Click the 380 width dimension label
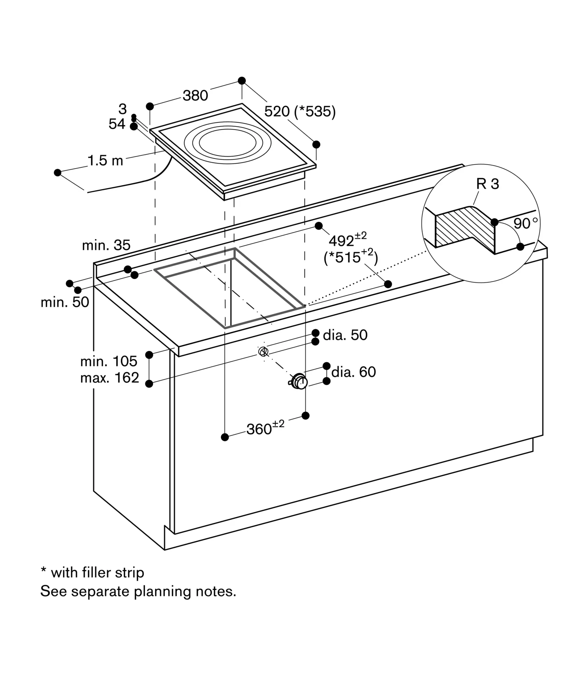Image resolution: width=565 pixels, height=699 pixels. coord(195,95)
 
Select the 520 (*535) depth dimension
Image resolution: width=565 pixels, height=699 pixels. coord(300,111)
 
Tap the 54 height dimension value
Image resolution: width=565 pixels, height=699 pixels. coord(117,124)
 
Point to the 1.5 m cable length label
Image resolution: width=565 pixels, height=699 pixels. coord(105,161)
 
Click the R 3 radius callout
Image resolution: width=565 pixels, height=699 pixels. coord(488,184)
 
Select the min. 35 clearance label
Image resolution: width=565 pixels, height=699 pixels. coord(106,245)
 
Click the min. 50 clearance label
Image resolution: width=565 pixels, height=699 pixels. coord(65,302)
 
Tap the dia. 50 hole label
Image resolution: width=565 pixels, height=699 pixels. coord(345,335)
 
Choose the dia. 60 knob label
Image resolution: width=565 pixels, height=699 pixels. coord(353,372)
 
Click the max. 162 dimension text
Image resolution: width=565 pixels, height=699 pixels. coord(110,378)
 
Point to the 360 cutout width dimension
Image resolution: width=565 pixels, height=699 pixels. coord(265,428)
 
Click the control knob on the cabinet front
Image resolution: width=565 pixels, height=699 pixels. coord(299,381)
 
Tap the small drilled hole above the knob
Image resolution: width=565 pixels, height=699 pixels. coord(263,351)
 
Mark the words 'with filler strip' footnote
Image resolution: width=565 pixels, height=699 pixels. coord(98,573)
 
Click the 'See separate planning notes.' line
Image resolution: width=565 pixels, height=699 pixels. coord(138,591)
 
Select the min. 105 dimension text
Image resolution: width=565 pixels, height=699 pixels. coord(109,361)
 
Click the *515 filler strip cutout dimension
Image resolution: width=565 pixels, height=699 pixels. coord(351,257)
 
